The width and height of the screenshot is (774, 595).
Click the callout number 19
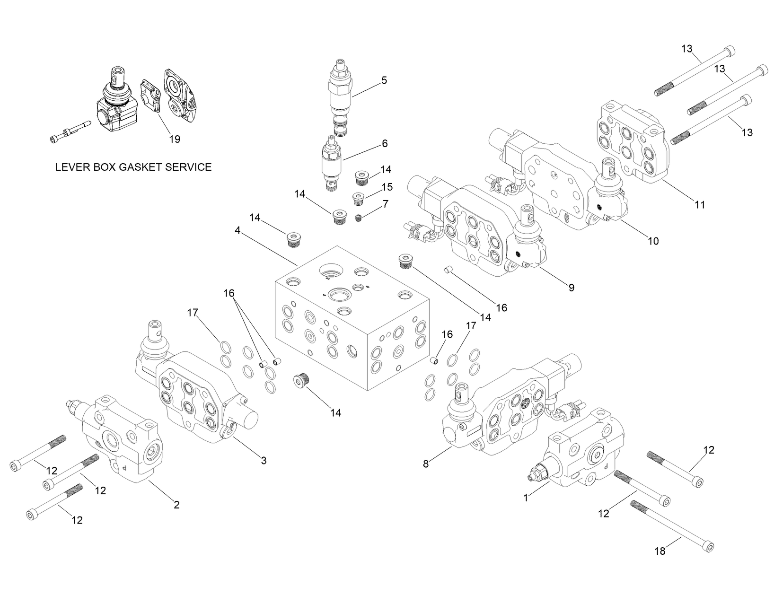(x=175, y=139)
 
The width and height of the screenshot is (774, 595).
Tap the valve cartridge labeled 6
(x=330, y=164)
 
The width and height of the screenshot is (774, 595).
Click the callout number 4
(x=237, y=230)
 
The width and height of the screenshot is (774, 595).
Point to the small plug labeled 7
(x=359, y=218)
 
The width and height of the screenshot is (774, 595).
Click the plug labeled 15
(x=359, y=198)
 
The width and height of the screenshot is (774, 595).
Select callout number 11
(x=700, y=204)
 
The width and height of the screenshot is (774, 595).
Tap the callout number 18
(x=660, y=551)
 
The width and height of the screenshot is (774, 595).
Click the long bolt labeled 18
(x=672, y=525)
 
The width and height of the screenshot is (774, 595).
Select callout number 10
(x=653, y=241)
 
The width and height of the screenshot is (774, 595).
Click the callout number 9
(x=571, y=287)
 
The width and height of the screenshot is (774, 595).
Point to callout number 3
(x=264, y=460)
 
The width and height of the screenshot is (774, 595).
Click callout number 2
(x=176, y=505)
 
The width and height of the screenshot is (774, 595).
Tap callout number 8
(x=426, y=464)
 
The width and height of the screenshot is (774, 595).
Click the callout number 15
(x=387, y=187)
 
